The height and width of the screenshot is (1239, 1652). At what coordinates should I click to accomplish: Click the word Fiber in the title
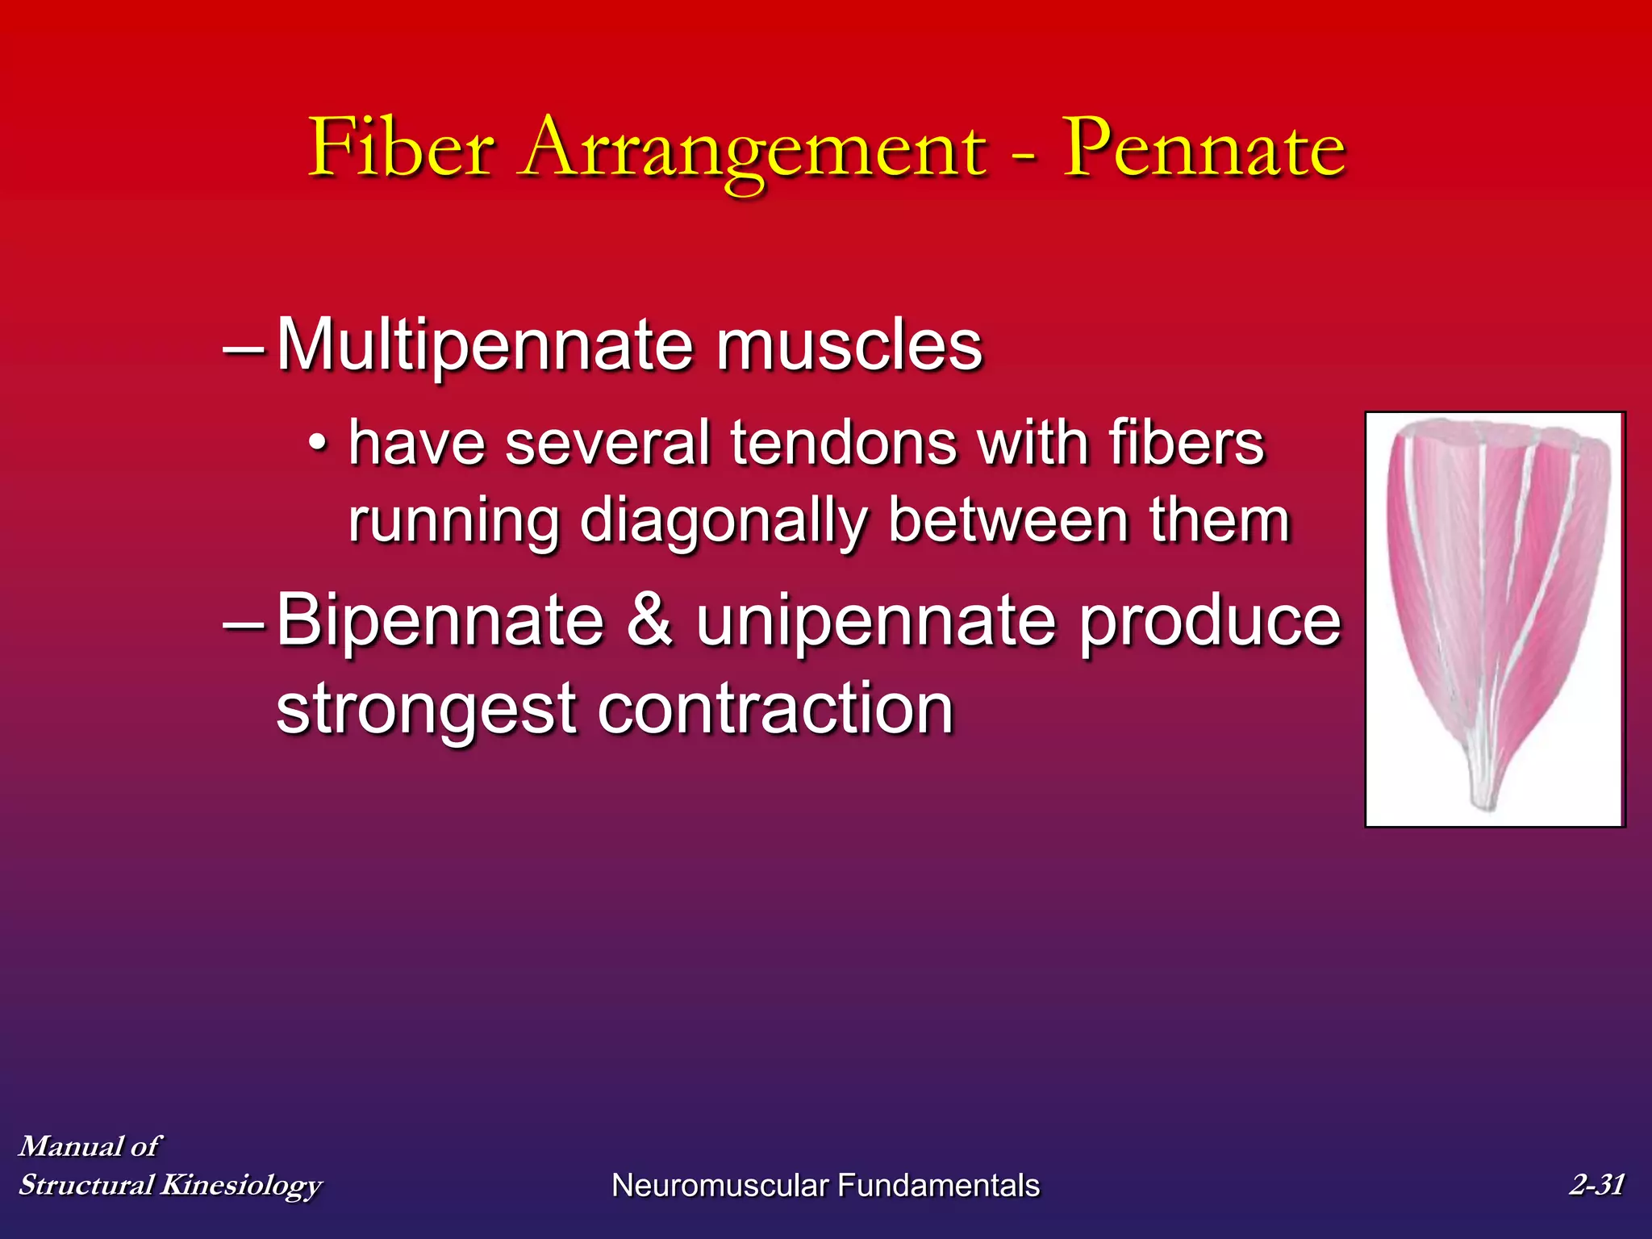coord(401,148)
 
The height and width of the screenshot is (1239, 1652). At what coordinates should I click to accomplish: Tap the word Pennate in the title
coord(1204,148)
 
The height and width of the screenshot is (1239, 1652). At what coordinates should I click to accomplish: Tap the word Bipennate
coord(440,621)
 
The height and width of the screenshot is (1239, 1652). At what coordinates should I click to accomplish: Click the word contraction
coord(775,708)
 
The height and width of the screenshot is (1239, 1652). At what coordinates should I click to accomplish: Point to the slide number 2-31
coord(1596,1184)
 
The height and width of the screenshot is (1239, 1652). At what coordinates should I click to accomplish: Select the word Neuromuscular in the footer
coord(720,1186)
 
